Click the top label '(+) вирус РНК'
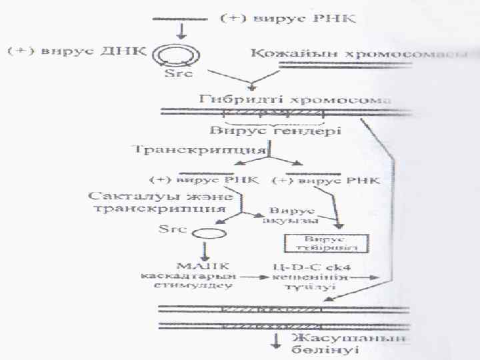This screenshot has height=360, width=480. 288,19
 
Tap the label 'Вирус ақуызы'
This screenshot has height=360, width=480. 293,215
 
